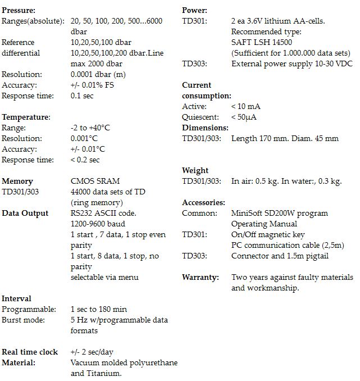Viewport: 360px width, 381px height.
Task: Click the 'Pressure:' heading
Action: click(19, 10)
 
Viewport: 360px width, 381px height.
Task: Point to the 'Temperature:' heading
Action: click(26, 117)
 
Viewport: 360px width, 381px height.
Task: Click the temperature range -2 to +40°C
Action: click(90, 128)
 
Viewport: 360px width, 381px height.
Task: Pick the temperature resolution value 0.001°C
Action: click(84, 138)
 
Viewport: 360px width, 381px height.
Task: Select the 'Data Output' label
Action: click(25, 213)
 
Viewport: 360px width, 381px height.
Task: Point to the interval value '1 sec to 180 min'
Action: click(99, 309)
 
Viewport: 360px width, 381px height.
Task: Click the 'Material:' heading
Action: click(19, 362)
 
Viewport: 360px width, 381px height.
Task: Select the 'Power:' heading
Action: click(194, 10)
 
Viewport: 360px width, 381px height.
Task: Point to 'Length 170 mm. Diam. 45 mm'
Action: click(285, 138)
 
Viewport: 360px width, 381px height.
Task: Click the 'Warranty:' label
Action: click(199, 277)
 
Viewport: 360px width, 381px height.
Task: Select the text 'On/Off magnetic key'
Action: click(268, 234)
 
